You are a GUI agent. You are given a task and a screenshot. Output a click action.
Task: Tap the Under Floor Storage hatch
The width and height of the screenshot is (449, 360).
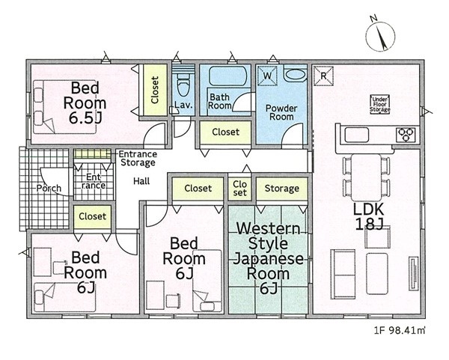tap(380, 104)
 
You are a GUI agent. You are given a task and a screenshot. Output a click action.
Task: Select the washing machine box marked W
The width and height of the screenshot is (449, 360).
tap(267, 76)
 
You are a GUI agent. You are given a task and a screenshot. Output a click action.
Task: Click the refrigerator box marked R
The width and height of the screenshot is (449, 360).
tap(323, 76)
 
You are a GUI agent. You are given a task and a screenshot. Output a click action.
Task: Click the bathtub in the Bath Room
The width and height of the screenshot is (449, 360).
tap(228, 76)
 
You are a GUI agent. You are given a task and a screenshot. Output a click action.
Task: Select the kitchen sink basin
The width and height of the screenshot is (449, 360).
tap(356, 135)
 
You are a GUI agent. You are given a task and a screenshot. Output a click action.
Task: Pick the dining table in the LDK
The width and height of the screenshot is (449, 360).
tap(366, 177)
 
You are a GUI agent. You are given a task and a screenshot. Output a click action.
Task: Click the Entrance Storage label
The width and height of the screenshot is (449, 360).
tap(138, 159)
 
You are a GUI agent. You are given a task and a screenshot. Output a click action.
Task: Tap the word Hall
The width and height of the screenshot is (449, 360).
tap(141, 181)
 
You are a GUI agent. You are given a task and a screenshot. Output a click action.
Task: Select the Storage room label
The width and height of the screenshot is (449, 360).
tap(282, 189)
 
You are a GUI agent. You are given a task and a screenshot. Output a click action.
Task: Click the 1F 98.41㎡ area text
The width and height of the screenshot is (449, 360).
tap(399, 331)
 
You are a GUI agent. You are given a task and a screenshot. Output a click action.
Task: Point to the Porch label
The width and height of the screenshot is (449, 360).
tap(49, 188)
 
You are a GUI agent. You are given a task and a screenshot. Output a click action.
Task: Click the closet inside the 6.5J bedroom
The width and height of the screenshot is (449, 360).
tap(155, 90)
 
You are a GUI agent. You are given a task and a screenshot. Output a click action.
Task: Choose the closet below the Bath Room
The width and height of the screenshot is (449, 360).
tap(226, 132)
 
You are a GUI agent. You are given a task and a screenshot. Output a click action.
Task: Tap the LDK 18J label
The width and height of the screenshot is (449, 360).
tap(369, 217)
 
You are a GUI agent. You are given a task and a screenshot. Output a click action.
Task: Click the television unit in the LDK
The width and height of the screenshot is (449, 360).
tap(413, 273)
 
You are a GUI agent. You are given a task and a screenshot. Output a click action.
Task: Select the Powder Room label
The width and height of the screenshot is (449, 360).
tap(281, 112)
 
